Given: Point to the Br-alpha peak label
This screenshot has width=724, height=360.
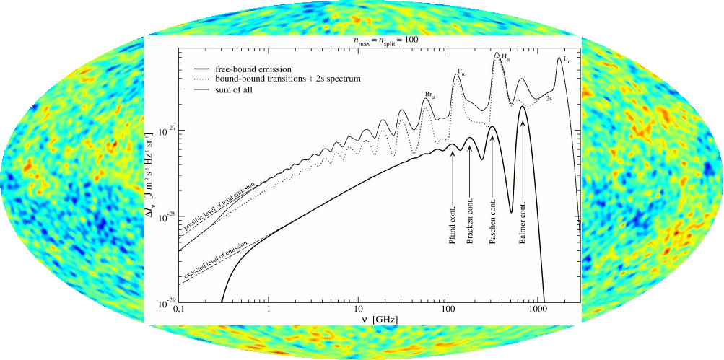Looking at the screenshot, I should pyautogui.click(x=429, y=95).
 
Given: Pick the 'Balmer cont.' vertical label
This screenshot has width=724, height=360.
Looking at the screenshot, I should pyautogui.click(x=522, y=223).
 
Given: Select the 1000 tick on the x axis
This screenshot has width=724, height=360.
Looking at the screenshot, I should pyautogui.click(x=537, y=307).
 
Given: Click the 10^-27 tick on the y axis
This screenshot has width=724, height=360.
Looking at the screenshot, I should pyautogui.click(x=163, y=131).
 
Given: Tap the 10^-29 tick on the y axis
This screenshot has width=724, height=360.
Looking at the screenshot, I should pyautogui.click(x=163, y=300).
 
